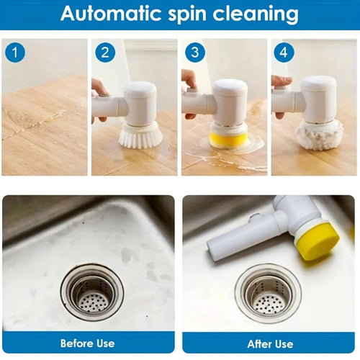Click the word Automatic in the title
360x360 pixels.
point(111,14)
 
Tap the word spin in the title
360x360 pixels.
point(187,15)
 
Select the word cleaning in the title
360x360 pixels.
point(256,15)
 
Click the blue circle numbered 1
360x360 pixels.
point(15,53)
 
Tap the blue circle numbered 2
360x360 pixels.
point(105,53)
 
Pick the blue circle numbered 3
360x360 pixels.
point(195,53)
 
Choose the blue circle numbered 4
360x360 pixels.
point(284,53)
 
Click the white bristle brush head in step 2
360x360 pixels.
point(140,135)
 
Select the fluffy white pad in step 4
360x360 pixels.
point(319,135)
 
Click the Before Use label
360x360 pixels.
point(87,343)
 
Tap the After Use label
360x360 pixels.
point(270,344)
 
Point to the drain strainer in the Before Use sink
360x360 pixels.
point(92,292)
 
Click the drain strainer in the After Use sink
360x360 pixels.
point(268,293)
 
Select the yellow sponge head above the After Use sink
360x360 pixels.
point(318,243)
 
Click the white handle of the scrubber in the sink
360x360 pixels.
point(243,237)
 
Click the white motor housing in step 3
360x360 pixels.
point(230,102)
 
